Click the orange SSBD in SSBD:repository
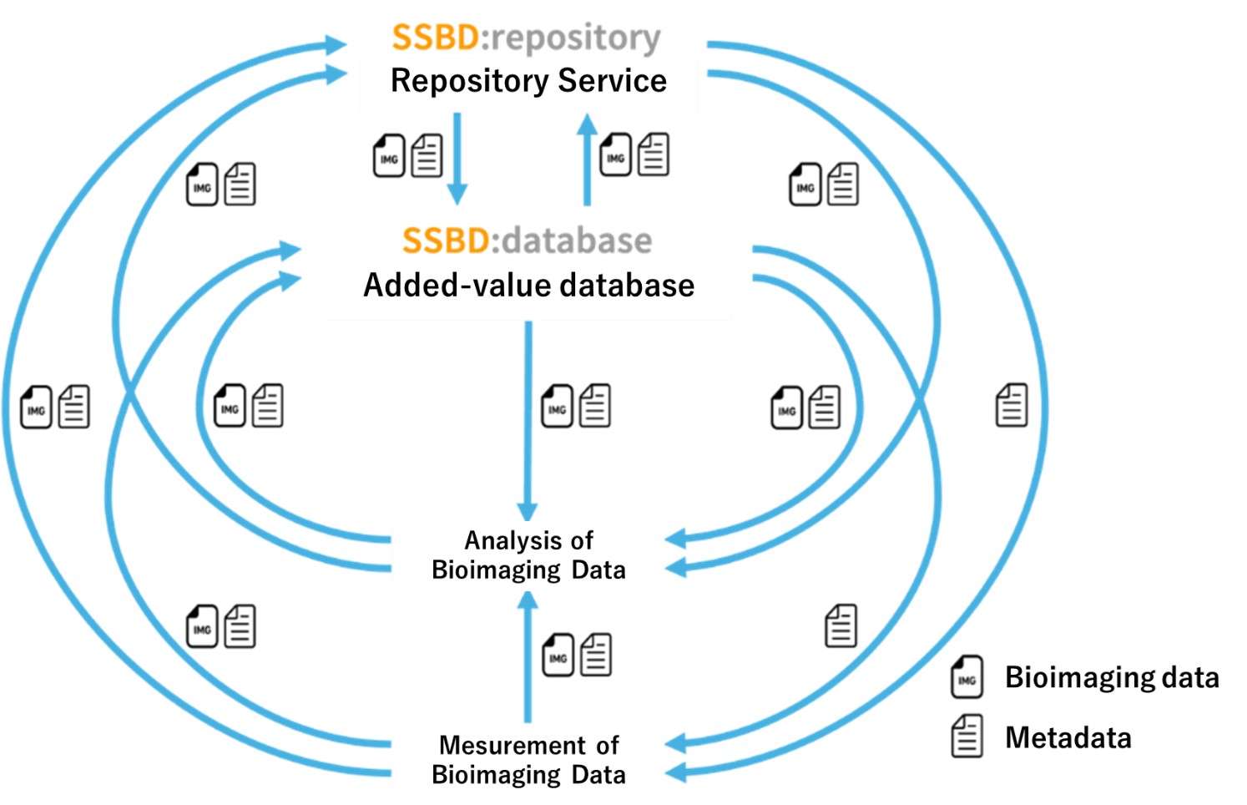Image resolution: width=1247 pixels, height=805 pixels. [x=435, y=38]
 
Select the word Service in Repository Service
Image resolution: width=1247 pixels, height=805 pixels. [x=613, y=81]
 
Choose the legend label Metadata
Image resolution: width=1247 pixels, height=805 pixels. [x=1068, y=738]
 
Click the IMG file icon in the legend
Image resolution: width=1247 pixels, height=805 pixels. [x=967, y=677]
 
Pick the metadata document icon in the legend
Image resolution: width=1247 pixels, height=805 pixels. [x=967, y=737]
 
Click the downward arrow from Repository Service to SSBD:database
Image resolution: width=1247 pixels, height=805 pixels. [x=457, y=159]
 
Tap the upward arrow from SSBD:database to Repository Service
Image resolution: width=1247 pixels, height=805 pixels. [x=588, y=159]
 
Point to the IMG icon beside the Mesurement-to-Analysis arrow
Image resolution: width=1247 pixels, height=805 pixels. [x=558, y=656]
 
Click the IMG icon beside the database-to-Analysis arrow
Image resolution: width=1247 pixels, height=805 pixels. [x=558, y=407]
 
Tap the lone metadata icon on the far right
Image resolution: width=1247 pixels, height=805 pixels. [x=1012, y=406]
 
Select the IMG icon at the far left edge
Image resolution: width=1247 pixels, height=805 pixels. [x=36, y=408]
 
